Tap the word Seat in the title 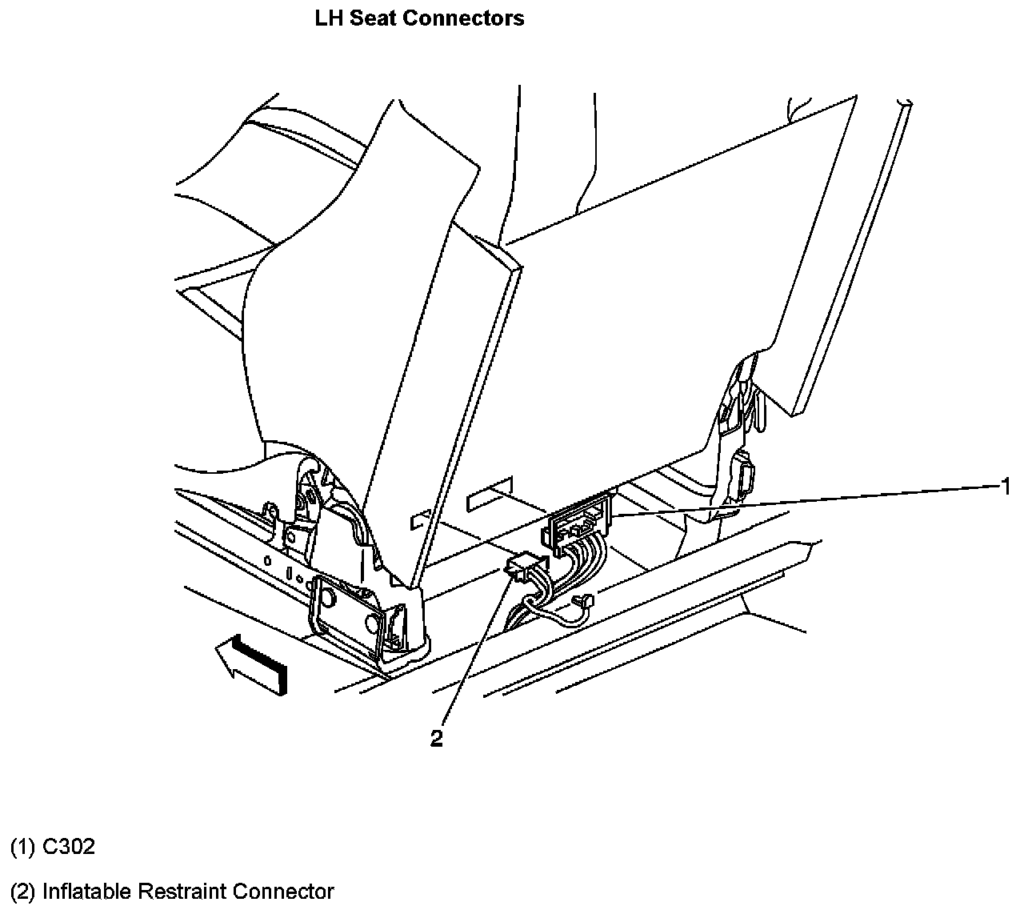pyautogui.click(x=372, y=18)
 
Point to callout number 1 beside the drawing pyautogui.click(x=1005, y=486)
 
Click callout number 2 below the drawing pyautogui.click(x=436, y=739)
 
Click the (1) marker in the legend pyautogui.click(x=22, y=847)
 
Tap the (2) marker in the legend pyautogui.click(x=22, y=891)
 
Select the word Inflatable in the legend pyautogui.click(x=86, y=891)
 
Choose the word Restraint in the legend pyautogui.click(x=181, y=891)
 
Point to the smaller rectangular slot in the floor pyautogui.click(x=420, y=520)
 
